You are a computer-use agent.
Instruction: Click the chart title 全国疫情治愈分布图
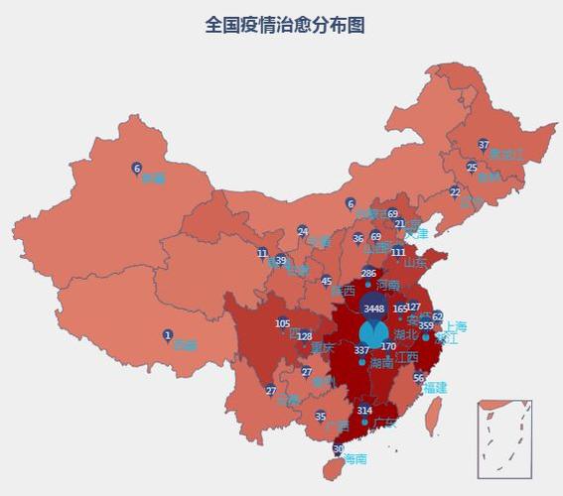(284, 25)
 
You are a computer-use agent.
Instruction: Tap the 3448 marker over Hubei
(374, 308)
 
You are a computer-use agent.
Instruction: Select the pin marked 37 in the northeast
(484, 145)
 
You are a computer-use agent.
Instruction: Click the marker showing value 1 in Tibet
(168, 335)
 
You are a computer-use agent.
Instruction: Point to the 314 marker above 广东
(364, 410)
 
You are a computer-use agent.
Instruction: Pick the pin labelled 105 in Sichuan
(283, 323)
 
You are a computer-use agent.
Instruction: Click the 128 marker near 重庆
(305, 336)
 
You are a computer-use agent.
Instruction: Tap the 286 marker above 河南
(368, 273)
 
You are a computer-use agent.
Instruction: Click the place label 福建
(434, 388)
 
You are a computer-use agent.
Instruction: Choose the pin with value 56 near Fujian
(419, 377)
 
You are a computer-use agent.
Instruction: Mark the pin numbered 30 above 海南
(338, 449)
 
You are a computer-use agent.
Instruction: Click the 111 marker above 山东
(397, 252)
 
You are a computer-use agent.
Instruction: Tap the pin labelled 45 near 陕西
(327, 281)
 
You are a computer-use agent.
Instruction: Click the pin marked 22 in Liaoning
(455, 191)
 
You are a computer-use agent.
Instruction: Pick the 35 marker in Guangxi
(320, 416)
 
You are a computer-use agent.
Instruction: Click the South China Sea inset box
(504, 437)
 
